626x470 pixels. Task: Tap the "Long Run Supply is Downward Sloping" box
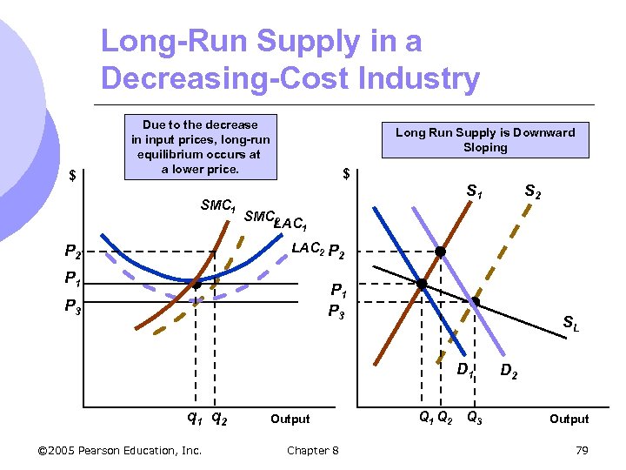pyautogui.click(x=485, y=140)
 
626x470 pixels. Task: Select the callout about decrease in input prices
pyautogui.click(x=201, y=146)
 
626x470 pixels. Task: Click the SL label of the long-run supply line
pyautogui.click(x=570, y=324)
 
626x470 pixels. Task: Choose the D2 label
pyautogui.click(x=510, y=373)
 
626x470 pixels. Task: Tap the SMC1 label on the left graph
pyautogui.click(x=218, y=206)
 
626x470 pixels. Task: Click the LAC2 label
pyautogui.click(x=309, y=248)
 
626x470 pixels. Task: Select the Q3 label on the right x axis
pyautogui.click(x=475, y=417)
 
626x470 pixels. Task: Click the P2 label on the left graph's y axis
pyautogui.click(x=74, y=252)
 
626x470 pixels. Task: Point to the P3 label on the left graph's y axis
pyautogui.click(x=74, y=305)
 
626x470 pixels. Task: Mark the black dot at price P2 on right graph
pyautogui.click(x=441, y=252)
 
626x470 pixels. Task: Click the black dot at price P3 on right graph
pyautogui.click(x=475, y=302)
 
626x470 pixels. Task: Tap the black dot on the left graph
pyautogui.click(x=197, y=284)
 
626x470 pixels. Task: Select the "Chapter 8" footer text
pyautogui.click(x=313, y=450)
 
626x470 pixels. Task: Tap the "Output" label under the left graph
pyautogui.click(x=290, y=419)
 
